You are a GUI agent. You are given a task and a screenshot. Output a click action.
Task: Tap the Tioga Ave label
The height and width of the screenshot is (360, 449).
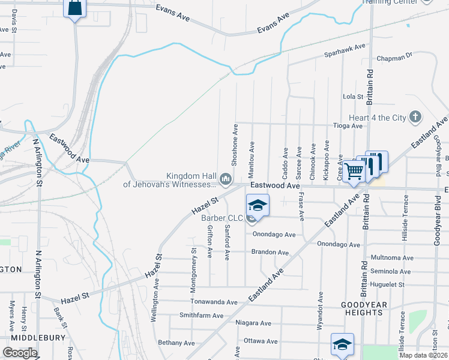pos(349,126)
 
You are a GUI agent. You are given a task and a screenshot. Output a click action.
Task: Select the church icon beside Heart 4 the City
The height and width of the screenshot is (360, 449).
pos(415,118)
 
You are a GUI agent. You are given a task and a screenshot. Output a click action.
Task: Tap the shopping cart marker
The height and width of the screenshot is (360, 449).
pos(354,172)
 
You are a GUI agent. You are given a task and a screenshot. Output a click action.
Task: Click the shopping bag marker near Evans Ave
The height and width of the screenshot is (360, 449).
pos(74,8)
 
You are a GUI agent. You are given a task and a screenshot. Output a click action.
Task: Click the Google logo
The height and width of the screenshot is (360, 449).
pos(20,353)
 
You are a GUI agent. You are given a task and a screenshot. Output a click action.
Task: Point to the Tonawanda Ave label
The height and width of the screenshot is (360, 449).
pos(214,302)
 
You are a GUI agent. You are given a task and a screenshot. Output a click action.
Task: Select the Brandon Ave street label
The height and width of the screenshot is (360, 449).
pos(270,253)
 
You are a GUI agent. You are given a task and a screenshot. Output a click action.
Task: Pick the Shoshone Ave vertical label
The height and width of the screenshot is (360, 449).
pos(235,145)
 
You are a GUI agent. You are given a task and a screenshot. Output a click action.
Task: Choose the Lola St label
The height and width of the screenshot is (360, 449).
pos(353,96)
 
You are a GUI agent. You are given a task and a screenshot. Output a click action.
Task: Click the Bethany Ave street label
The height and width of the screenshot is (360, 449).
pos(176,343)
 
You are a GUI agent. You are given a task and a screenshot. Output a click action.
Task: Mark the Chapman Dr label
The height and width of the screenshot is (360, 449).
pos(394,59)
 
